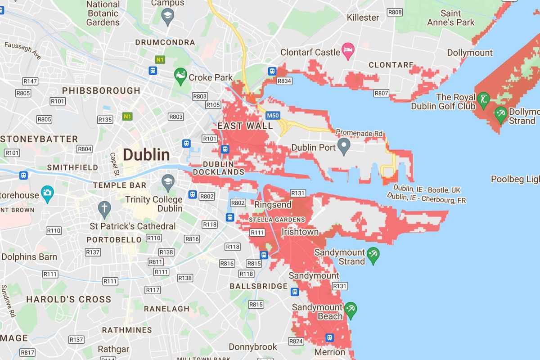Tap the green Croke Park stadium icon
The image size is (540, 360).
coord(180,77)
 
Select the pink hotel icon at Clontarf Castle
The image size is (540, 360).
coord(348,52)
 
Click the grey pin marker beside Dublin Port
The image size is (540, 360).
coord(344,146)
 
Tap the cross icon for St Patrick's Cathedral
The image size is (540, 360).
coord(104,208)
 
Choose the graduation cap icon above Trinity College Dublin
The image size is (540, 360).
coord(168,181)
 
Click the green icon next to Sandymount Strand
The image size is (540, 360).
coord(373,256)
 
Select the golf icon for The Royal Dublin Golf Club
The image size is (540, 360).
coord(483,99)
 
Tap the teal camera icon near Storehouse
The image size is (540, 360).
coord(47,193)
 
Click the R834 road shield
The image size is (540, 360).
coord(284,81)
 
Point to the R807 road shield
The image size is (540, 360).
coord(381,93)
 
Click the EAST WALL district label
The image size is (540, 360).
coord(245,126)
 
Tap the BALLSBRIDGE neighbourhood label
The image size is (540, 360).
coord(258,286)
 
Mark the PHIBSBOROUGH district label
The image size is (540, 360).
coord(101,90)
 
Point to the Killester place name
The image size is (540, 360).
coord(363,17)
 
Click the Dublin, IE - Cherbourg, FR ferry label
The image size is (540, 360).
coord(426,198)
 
